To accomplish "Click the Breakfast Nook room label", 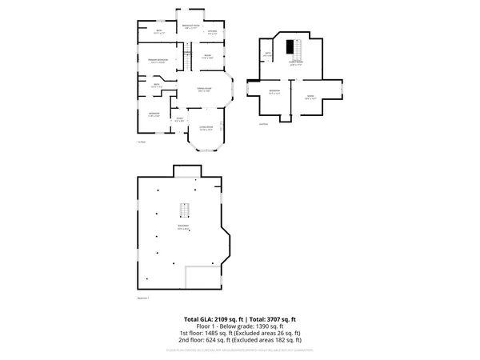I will [x=190, y=26].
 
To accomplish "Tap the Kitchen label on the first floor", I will [x=212, y=33].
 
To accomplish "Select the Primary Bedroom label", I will [x=158, y=60].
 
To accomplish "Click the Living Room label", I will [x=206, y=126].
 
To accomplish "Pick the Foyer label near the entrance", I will [x=180, y=118].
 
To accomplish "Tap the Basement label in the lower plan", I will [x=183, y=227].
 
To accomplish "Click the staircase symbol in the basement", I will [x=183, y=210].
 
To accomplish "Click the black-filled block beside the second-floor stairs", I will [x=291, y=46].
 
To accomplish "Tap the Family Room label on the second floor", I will [x=296, y=63].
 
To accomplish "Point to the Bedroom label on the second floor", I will [x=274, y=91].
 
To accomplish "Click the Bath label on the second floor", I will [x=269, y=54].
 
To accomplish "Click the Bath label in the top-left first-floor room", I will [x=158, y=31].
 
